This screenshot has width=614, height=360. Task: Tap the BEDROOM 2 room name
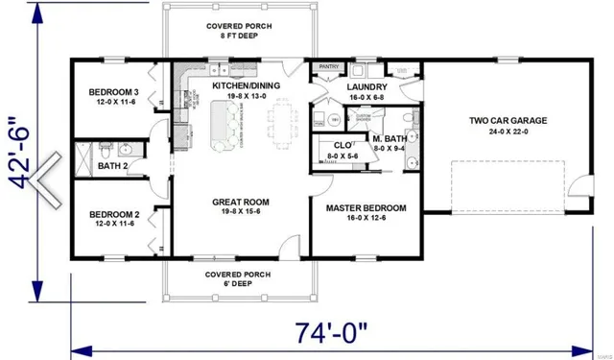tap(114, 214)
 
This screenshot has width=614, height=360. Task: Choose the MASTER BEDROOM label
tap(366, 208)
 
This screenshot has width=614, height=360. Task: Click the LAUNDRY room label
tap(366, 86)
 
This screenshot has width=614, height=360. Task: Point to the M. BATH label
tap(391, 138)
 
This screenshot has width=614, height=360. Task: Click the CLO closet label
tap(340, 144)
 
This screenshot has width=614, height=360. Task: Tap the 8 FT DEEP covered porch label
tap(238, 35)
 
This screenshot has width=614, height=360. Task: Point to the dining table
tap(280, 123)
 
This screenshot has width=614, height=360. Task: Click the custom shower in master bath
tap(362, 119)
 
